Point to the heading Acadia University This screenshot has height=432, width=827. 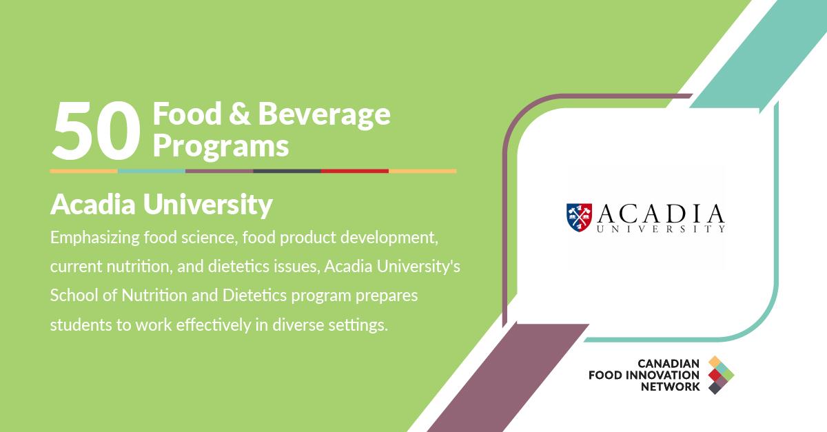point(161,205)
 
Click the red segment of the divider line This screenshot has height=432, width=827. point(354,170)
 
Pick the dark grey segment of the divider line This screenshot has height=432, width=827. point(287,170)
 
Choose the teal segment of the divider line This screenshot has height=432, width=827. point(152,170)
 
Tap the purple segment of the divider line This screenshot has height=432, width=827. point(219,170)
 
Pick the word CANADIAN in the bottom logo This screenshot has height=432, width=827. point(668,362)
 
